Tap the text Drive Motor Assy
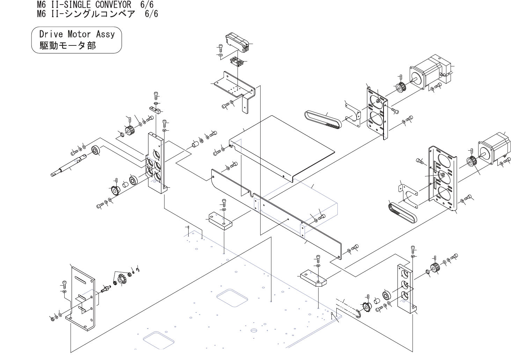(77, 34)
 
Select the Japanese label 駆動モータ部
(67, 45)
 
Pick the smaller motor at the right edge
(493, 146)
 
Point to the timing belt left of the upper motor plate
(323, 119)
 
